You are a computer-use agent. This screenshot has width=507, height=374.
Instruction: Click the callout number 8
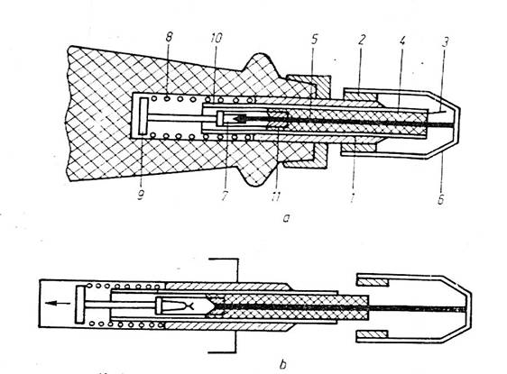169,37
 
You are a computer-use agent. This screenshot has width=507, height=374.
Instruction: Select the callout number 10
216,38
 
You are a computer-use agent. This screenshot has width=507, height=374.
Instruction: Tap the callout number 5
314,40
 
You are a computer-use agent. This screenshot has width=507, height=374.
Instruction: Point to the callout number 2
362,40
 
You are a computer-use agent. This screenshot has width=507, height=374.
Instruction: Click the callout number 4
402,41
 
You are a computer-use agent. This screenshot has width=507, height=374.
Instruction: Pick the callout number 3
446,42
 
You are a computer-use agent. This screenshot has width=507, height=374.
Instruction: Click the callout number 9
141,194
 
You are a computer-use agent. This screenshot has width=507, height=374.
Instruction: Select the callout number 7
225,195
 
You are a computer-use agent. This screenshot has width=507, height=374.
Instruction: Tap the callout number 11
275,196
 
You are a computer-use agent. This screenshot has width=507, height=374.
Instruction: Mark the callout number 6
441,199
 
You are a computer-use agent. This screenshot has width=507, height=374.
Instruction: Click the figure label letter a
285,219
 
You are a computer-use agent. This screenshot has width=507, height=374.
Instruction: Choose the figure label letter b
282,364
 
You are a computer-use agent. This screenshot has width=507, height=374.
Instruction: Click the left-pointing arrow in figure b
58,303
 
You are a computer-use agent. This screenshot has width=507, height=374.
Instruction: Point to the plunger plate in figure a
143,116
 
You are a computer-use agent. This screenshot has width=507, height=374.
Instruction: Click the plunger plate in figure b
79,305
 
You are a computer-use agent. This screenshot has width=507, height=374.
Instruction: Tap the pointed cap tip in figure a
458,123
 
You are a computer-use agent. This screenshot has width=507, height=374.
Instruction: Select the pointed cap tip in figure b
469,308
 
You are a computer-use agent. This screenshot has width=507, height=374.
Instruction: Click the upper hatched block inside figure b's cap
373,282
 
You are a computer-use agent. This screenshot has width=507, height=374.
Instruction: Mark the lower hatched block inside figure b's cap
372,334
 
